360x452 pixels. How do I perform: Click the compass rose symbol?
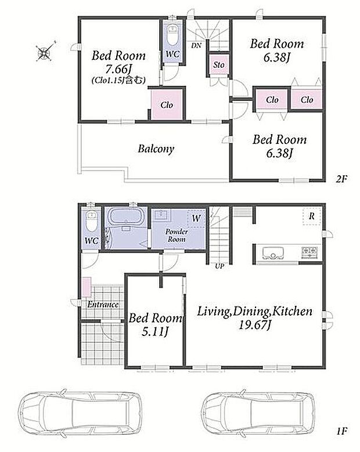coord(45,51)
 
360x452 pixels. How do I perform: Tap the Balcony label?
coord(156,149)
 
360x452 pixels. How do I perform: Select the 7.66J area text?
coord(118,69)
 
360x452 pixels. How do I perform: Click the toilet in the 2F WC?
coord(172,35)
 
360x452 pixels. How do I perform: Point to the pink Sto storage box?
coord(219,64)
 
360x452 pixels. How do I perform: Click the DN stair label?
coord(196,45)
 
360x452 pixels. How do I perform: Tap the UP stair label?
coord(219,266)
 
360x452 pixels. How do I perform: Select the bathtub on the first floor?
coord(125,216)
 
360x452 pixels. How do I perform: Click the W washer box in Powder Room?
coord(196,219)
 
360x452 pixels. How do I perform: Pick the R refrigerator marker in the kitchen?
coord(312,216)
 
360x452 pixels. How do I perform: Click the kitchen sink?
coord(273,253)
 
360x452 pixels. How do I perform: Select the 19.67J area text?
coord(254,325)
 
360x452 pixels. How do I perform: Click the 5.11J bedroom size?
coord(155,332)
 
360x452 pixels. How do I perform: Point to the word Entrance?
coord(103,305)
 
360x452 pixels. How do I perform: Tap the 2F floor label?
coord(341,179)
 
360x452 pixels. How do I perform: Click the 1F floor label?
coord(342,432)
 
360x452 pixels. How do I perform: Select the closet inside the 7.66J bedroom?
coord(167,104)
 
